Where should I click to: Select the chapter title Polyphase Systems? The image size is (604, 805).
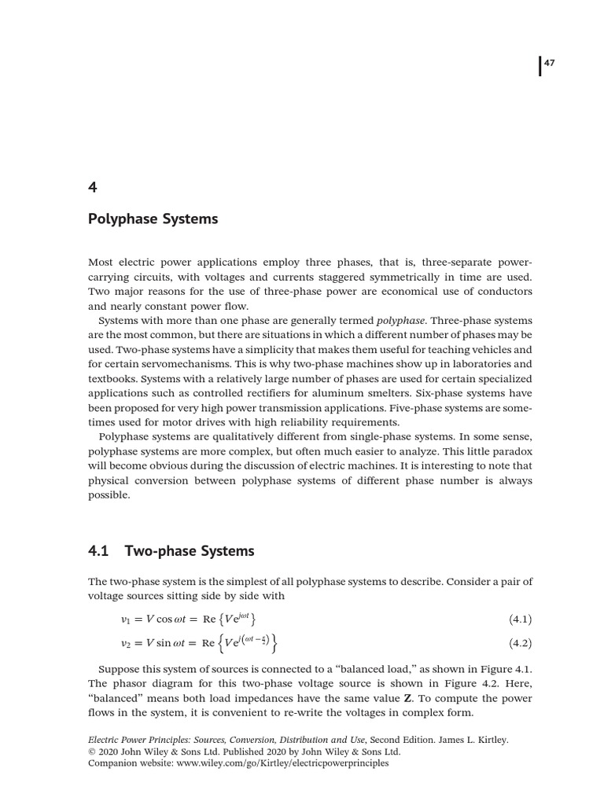click(153, 219)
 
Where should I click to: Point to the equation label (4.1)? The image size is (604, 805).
click(520, 619)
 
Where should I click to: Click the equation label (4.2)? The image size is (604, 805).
click(520, 644)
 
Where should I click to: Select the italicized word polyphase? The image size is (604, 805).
click(400, 321)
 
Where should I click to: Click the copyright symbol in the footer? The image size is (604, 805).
click(92, 752)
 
